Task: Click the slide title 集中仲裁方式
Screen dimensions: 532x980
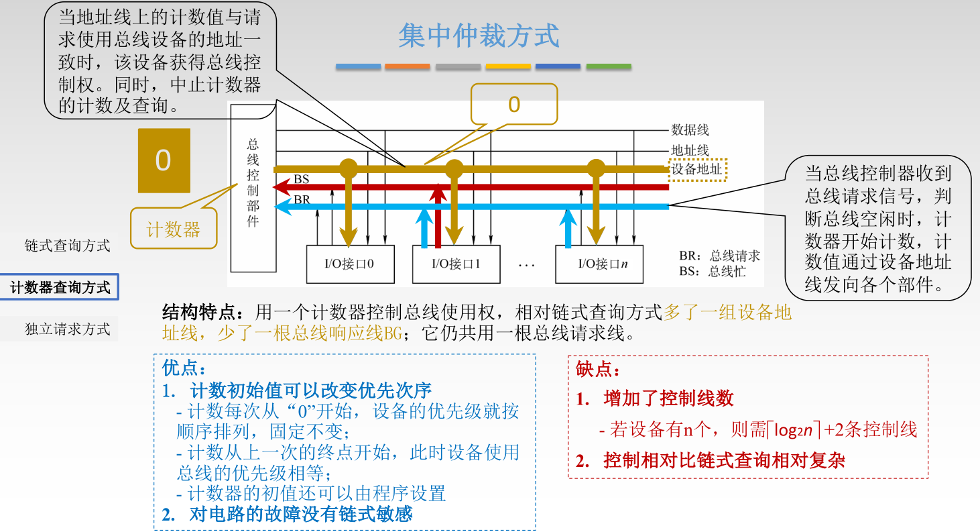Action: point(479,36)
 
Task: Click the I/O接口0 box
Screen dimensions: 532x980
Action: point(349,264)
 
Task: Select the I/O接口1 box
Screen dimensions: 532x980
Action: point(456,264)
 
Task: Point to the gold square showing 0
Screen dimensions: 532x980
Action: point(164,160)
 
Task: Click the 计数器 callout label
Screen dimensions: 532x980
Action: point(174,230)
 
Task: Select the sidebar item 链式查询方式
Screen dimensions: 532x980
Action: point(67,246)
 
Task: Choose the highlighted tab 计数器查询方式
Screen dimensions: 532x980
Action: point(60,287)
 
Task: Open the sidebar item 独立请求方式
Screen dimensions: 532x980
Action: point(67,329)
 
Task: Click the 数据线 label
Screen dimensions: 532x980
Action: point(690,130)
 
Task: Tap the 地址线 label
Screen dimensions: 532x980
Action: point(690,150)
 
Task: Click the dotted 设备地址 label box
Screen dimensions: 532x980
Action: point(697,169)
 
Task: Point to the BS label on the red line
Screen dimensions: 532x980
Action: point(302,179)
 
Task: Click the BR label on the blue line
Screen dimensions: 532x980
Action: point(302,199)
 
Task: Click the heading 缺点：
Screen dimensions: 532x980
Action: point(599,369)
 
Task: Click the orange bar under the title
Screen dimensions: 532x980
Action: point(408,66)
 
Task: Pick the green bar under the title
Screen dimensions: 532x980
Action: point(609,66)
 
